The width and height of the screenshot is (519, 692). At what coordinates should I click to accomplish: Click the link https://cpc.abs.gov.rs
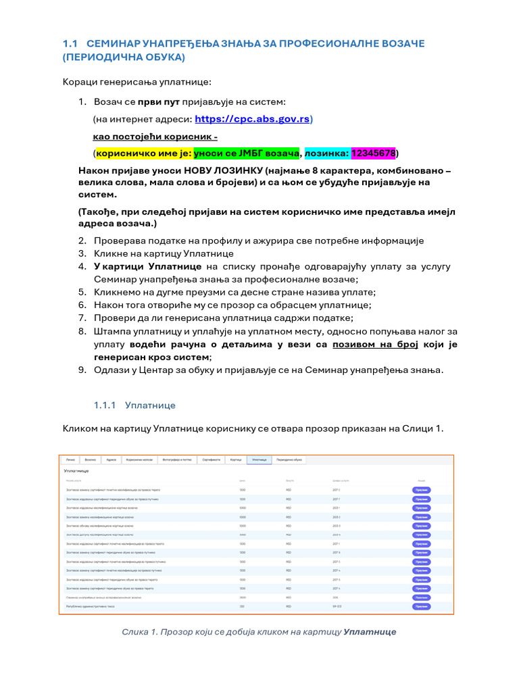[x=252, y=120]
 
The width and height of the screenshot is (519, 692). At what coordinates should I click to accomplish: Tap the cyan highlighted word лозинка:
[x=327, y=153]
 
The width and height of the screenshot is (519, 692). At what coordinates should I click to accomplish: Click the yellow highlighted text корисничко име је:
[x=144, y=153]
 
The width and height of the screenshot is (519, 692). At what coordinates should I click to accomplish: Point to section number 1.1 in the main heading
[x=71, y=44]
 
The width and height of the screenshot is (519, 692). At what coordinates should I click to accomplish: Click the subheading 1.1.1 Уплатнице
[x=134, y=405]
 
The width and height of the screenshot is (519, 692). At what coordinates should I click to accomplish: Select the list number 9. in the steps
[x=82, y=370]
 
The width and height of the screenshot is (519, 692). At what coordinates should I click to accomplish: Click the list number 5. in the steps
[x=82, y=292]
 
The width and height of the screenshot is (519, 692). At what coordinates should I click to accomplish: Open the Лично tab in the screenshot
[x=70, y=460]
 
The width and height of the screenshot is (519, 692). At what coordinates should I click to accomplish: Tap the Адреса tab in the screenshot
[x=111, y=460]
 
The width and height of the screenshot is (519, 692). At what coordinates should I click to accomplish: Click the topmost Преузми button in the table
[x=421, y=489]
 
